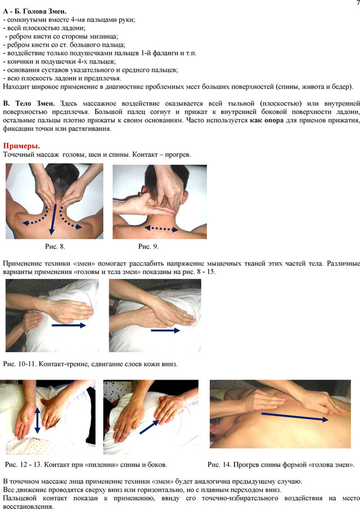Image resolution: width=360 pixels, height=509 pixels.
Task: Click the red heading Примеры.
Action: tap(21, 146)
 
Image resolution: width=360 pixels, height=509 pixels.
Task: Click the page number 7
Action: tap(357, 3)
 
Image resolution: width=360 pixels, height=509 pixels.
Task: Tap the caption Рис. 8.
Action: tap(55, 246)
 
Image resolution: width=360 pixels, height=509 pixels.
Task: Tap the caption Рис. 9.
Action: tap(148, 246)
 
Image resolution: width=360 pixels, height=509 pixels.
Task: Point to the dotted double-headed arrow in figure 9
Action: tap(161, 229)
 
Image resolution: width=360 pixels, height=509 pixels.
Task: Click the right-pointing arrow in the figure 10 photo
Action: tap(69, 325)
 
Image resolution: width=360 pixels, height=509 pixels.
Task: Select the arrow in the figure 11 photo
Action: tap(165, 331)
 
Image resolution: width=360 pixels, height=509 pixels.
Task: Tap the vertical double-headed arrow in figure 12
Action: tap(37, 421)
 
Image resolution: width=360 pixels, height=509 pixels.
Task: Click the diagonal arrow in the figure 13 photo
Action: tap(149, 427)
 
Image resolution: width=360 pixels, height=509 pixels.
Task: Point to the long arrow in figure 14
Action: tap(295, 417)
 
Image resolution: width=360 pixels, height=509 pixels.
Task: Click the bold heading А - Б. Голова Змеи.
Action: tap(35, 11)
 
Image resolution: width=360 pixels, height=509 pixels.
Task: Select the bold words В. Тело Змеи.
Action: tap(29, 103)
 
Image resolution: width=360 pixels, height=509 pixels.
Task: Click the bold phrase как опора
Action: tap(267, 120)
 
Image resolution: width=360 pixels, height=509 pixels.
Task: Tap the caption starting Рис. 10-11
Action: tap(90, 364)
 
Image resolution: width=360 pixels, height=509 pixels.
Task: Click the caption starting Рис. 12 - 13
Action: tap(86, 465)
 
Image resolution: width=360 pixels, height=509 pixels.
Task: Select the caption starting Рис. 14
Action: tap(281, 465)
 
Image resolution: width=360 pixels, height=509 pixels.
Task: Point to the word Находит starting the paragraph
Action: tap(14, 87)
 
